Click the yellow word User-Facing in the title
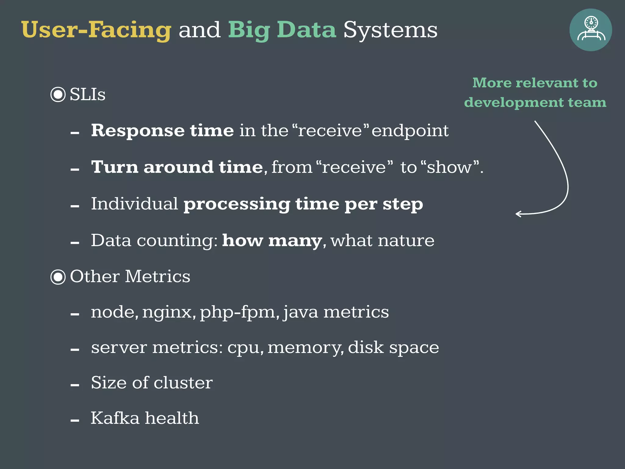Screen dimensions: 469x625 pos(96,30)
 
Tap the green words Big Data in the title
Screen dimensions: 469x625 pos(282,30)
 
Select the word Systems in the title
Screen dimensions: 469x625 pos(390,30)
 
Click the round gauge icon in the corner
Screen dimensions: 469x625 pos(591,30)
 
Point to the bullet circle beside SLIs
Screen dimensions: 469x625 pos(58,94)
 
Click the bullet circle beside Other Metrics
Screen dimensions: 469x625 pos(58,277)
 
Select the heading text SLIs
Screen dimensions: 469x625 pos(88,94)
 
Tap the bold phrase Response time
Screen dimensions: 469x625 pos(162,131)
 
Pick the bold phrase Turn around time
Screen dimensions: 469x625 pos(177,167)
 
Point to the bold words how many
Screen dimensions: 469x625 pos(272,240)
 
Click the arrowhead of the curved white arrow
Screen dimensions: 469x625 pos(518,214)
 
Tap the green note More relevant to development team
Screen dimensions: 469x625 pos(535,92)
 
